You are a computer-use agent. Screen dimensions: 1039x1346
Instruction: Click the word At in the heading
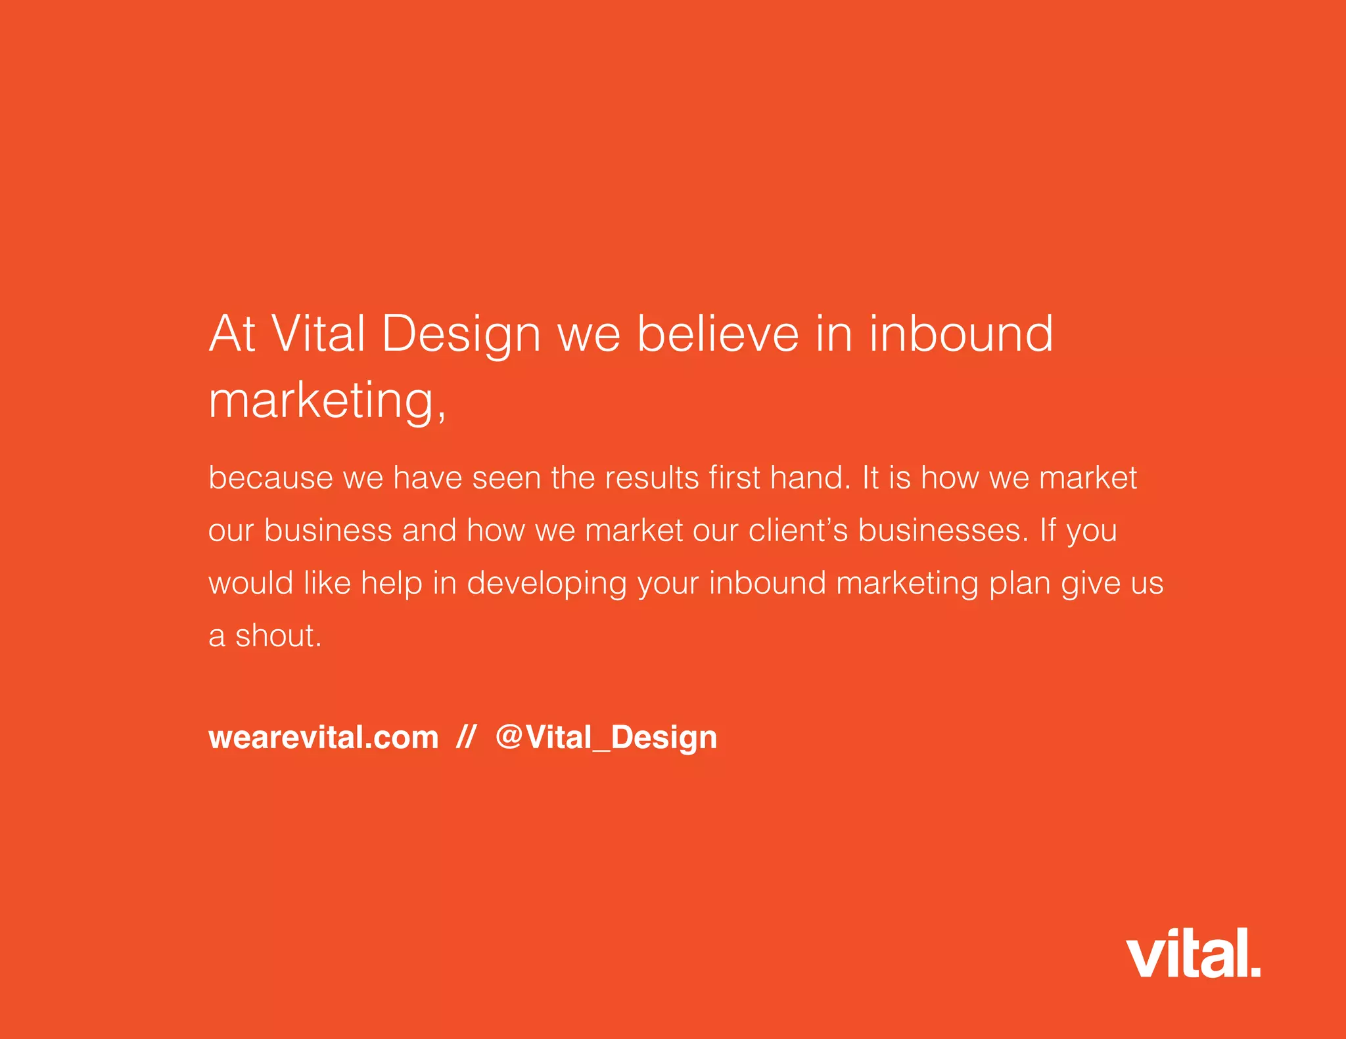click(x=231, y=334)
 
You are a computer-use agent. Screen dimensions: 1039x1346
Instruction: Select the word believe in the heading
click(x=718, y=334)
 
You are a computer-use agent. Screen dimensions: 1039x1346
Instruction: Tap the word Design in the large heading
click(x=460, y=335)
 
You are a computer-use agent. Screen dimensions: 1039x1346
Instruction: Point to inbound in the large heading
click(x=962, y=334)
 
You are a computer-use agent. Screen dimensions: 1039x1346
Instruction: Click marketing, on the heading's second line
click(x=327, y=401)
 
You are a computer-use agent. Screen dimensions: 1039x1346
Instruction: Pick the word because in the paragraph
click(x=270, y=477)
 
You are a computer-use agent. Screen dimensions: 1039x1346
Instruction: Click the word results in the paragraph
click(x=651, y=477)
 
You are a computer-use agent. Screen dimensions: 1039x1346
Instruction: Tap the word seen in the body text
click(x=507, y=477)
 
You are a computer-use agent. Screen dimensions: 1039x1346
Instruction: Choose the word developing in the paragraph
click(x=547, y=584)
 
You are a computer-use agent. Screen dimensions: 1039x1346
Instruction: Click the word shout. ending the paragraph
click(x=279, y=636)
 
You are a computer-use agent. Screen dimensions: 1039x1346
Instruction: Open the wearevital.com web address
click(x=323, y=738)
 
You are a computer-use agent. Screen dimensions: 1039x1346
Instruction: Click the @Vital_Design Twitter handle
click(x=606, y=738)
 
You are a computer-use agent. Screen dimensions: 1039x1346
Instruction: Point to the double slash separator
click(x=465, y=738)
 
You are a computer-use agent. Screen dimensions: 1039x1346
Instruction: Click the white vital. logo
click(x=1192, y=953)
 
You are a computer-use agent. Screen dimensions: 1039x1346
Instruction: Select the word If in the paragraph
click(x=1047, y=530)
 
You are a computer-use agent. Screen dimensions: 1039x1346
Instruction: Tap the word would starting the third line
click(x=250, y=583)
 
